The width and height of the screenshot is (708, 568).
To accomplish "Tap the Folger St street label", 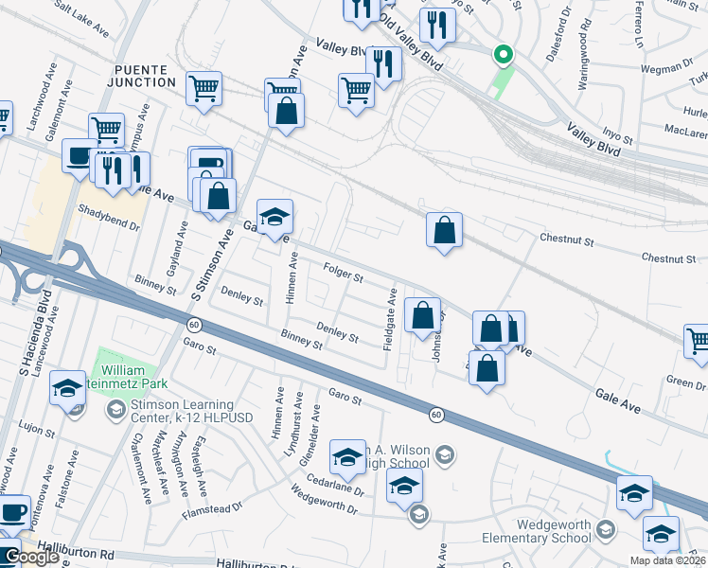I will (x=344, y=276).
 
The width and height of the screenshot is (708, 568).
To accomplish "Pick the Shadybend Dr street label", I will (x=109, y=214).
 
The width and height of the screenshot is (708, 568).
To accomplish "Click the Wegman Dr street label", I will (x=667, y=67).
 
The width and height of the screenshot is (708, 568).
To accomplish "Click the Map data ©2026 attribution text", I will (x=666, y=560).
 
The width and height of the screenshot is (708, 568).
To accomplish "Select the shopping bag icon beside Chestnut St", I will (x=444, y=230).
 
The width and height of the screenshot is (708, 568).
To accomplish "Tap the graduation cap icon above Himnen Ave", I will (x=274, y=217).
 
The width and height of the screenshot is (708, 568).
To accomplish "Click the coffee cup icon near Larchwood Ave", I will (x=78, y=155).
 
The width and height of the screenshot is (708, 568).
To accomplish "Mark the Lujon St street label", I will (x=37, y=432).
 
